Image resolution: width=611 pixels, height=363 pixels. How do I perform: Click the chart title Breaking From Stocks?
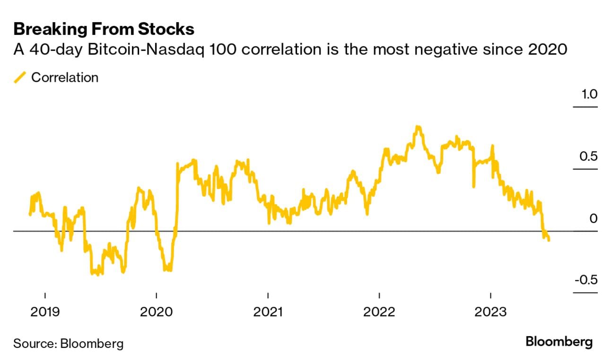(104, 29)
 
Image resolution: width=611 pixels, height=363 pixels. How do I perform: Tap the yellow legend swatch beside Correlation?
(20, 78)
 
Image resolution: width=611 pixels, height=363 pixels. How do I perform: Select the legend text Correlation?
(65, 78)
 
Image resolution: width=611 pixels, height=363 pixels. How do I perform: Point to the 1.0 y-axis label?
(589, 94)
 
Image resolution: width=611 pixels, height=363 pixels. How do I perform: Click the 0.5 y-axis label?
(589, 156)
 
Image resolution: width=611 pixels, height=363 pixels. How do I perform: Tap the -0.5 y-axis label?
(586, 280)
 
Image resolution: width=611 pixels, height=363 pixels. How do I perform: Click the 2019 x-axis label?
(45, 312)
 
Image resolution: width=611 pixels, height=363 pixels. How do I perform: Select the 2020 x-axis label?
(157, 312)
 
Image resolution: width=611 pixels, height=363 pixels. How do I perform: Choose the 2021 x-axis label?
(268, 312)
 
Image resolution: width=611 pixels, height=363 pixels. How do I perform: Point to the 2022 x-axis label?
(380, 312)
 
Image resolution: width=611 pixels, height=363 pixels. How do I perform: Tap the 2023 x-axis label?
(491, 312)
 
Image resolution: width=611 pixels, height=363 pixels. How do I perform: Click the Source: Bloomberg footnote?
(68, 343)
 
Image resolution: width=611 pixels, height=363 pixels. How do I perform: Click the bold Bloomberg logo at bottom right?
(559, 342)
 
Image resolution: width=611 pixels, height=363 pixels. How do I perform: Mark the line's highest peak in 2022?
(418, 127)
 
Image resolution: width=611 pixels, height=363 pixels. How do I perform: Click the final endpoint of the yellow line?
(549, 240)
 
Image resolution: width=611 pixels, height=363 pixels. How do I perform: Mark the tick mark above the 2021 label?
(268, 295)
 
